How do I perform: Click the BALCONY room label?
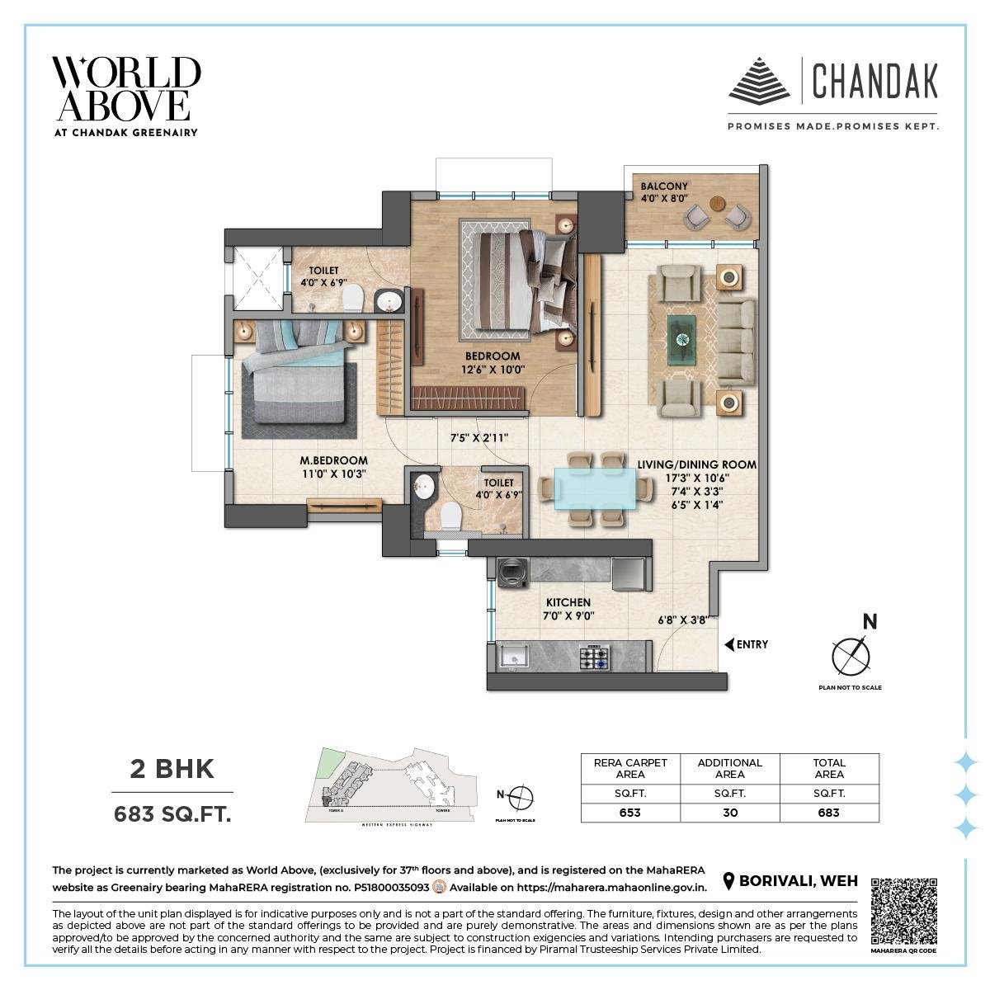coord(664,186)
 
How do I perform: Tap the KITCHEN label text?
coord(568,603)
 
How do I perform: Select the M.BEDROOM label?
coord(333,460)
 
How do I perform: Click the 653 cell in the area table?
coord(630,813)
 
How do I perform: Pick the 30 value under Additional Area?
coord(730,813)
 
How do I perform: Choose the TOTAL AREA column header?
coord(829,768)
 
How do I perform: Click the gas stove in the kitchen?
coord(594,658)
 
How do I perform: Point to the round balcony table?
coord(715,204)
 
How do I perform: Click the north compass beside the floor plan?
coord(851,655)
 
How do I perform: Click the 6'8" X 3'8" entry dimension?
coord(682,620)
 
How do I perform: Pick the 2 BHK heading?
coord(172,769)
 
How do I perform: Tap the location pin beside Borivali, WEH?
coord(728,881)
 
